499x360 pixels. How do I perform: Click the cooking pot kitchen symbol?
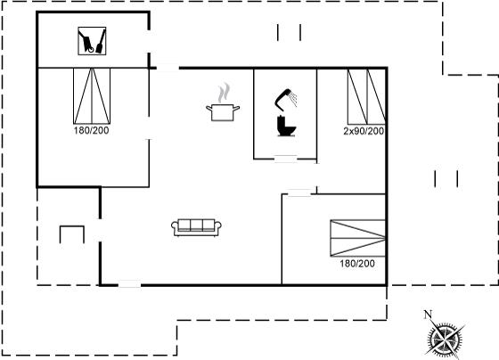click(223, 112)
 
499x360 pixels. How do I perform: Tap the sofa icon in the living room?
click(196, 227)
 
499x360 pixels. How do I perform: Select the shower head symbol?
click(286, 99)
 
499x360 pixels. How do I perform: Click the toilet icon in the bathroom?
click(286, 126)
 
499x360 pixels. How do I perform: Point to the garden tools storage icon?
click(92, 41)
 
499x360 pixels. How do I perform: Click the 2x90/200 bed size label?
click(364, 131)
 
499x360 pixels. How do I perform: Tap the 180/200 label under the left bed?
click(91, 130)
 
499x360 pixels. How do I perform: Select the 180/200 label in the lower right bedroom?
click(357, 263)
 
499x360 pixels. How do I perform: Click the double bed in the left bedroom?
click(92, 96)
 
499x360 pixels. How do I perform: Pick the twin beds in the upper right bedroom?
click(366, 96)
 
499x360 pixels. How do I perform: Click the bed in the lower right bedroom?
click(357, 238)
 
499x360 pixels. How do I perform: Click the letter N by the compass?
click(428, 315)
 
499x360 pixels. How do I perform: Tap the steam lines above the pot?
click(224, 93)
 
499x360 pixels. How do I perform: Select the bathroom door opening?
click(285, 159)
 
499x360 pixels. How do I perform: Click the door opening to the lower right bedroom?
click(299, 192)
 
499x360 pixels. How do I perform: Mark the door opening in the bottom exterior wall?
click(130, 284)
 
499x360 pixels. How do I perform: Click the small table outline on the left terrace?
click(72, 234)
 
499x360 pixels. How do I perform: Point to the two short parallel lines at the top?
click(289, 32)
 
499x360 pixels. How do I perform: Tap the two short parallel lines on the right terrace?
click(446, 179)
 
